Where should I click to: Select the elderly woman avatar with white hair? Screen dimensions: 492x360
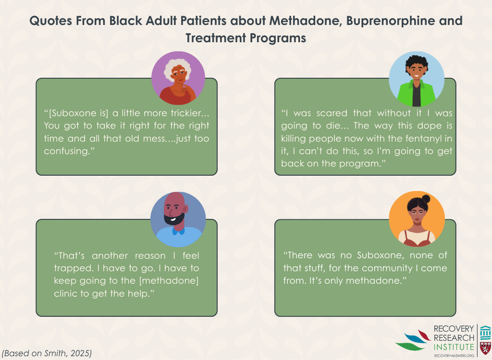tap(178, 78)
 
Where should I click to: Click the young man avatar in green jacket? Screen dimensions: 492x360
tap(417, 79)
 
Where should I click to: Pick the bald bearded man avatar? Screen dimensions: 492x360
tap(178, 219)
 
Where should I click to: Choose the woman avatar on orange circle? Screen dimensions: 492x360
tap(417, 218)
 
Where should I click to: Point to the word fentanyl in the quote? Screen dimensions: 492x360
tap(418, 138)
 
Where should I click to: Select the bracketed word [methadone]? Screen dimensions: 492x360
tap(169, 281)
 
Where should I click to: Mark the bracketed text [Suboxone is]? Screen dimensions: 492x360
tap(78, 113)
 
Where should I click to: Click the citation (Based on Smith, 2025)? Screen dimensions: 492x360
tap(47, 353)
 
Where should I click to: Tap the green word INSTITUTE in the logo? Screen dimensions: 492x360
tap(454, 347)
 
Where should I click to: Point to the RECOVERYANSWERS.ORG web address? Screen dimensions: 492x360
tap(454, 356)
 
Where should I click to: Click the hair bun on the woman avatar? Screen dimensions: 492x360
tap(426, 199)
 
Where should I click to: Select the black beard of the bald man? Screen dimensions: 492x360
tap(174, 217)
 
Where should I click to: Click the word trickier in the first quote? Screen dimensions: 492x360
tap(190, 113)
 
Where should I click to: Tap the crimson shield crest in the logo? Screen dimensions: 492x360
tap(485, 348)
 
